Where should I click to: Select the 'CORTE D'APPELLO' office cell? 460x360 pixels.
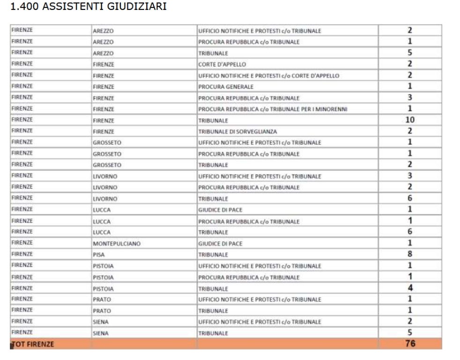222,64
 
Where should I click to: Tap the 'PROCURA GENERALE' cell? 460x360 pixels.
226,87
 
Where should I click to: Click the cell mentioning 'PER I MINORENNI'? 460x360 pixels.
273,109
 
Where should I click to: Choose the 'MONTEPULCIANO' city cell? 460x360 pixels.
117,244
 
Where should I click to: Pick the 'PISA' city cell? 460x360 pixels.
99,255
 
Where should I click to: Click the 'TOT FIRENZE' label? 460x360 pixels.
33,345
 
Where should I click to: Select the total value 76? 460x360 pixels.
410,344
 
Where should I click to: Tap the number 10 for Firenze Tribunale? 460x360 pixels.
410,120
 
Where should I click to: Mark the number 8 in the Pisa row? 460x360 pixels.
410,255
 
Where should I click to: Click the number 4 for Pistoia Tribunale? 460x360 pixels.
410,288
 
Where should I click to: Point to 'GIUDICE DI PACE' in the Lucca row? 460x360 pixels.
220,210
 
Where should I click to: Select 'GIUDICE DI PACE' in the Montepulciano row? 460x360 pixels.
220,244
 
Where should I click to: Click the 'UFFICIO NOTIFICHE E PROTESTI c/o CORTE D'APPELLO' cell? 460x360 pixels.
268,75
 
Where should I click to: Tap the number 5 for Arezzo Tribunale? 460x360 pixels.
410,53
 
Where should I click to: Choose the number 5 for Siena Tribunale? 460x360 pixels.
410,333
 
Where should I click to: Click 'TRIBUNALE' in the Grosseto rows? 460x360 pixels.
213,165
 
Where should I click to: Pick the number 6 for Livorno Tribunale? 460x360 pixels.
410,199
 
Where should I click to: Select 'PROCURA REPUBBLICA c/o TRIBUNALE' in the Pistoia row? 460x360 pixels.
249,277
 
